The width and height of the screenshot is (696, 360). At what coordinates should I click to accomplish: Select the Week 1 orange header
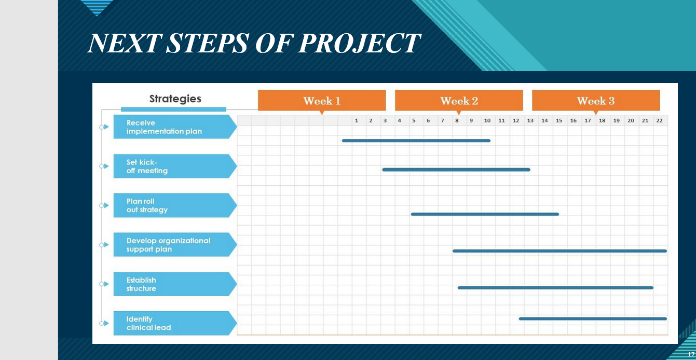pos(322,101)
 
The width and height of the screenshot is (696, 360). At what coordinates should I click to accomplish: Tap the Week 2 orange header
pos(459,101)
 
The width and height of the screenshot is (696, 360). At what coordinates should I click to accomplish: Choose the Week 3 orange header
pos(596,101)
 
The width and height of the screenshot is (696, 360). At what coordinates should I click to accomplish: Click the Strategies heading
pos(175,99)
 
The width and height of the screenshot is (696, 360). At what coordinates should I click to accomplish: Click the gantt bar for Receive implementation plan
pos(416,141)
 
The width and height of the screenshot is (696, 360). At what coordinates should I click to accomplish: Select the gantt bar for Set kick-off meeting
pos(456,170)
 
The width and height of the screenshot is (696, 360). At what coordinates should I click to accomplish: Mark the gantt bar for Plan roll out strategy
pos(485,214)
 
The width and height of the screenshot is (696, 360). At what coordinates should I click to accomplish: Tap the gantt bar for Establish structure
pos(555,287)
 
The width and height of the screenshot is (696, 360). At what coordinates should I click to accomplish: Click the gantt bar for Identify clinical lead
pos(593,319)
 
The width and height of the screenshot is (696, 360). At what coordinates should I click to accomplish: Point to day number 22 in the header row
pos(659,121)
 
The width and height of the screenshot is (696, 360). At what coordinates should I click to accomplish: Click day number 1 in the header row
pos(357,121)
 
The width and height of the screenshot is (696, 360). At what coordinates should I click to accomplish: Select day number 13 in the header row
pos(530,121)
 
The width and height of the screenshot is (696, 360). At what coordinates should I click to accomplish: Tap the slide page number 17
pos(691,354)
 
